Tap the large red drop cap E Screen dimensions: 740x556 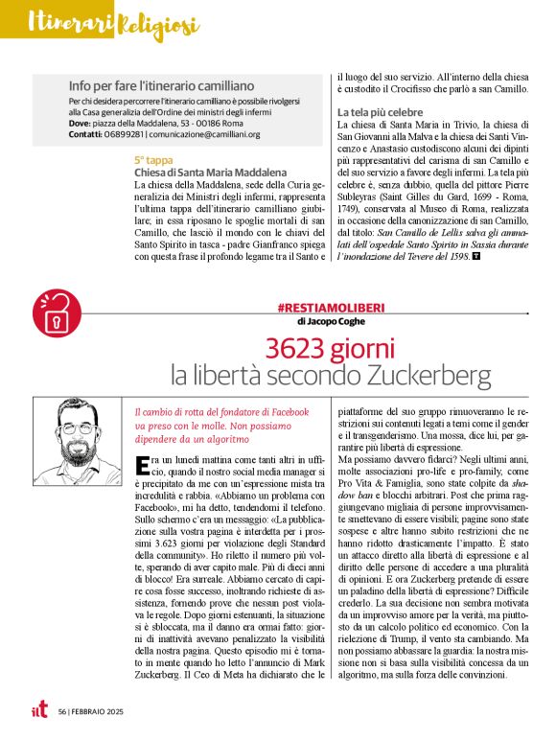point(143,468)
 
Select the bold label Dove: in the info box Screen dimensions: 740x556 point(80,123)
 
